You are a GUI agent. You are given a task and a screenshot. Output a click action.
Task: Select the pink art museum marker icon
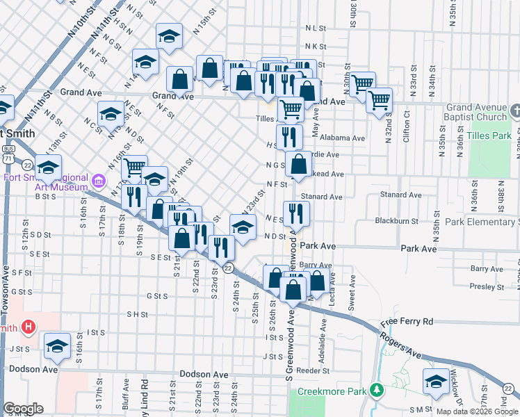(99, 182)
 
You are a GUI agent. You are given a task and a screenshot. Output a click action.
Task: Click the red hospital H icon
(29, 326)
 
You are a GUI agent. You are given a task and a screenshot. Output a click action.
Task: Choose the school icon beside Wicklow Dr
(436, 381)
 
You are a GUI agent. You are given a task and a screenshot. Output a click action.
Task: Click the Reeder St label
(307, 371)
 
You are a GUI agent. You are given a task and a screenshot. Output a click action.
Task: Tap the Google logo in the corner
(23, 409)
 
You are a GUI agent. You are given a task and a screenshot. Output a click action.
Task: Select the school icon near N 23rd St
(243, 227)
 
